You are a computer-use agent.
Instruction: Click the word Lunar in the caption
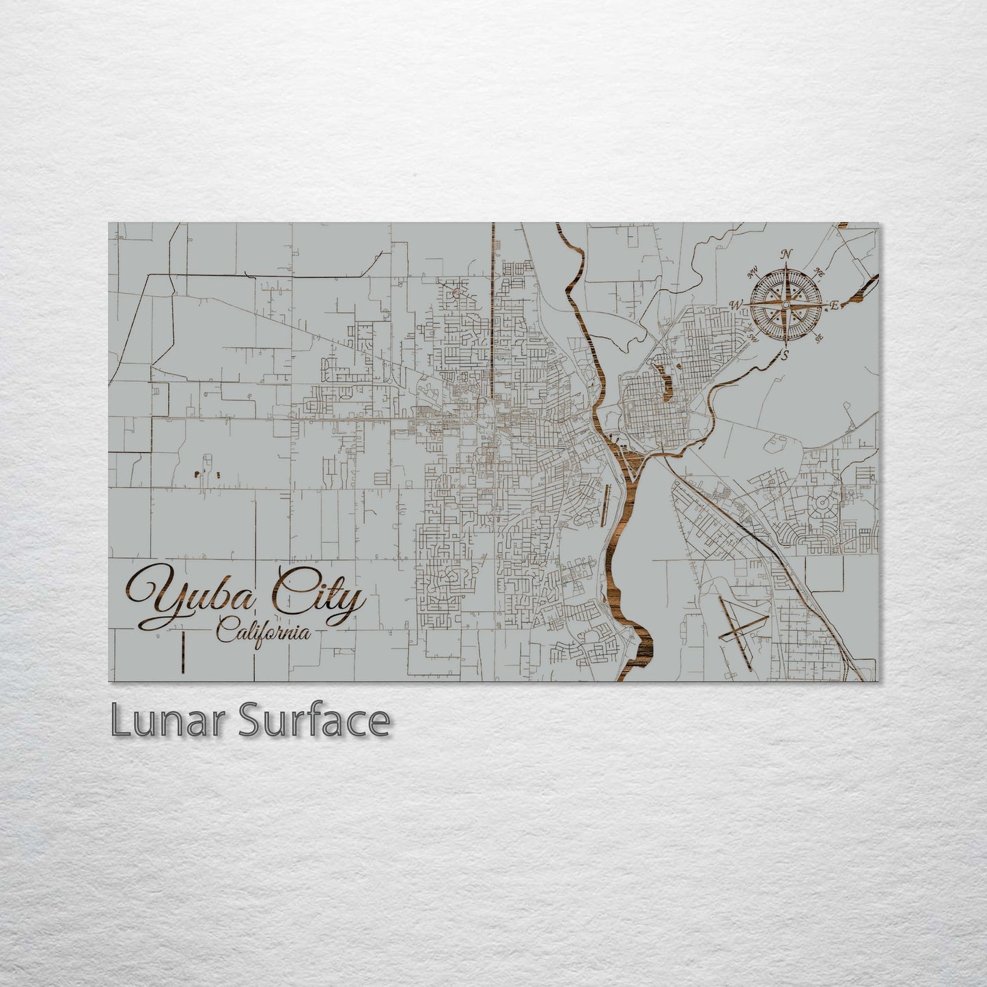point(168,721)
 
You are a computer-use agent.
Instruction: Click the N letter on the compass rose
point(787,255)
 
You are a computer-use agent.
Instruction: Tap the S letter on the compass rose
point(786,355)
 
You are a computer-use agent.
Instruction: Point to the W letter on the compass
point(736,305)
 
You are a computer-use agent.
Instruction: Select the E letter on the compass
point(835,307)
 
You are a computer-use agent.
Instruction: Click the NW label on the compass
point(754,275)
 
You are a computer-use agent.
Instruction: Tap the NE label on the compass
point(819,273)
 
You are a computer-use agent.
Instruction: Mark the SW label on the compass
point(753,336)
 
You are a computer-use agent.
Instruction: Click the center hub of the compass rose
point(786,305)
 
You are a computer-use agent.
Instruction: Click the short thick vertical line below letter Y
point(184,645)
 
